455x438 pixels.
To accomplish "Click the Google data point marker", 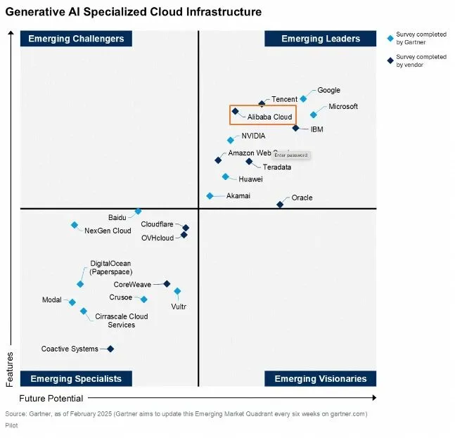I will click(303, 99).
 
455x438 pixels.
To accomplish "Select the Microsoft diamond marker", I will click(314, 115).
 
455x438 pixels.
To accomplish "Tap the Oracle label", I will click(302, 198).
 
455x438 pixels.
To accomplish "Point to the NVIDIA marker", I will click(231, 140).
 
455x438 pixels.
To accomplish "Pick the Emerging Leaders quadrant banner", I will click(320, 39).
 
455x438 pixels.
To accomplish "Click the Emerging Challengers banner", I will click(76, 39).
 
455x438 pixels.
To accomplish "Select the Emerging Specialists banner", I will click(76, 379).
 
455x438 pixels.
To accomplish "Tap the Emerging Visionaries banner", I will click(320, 379).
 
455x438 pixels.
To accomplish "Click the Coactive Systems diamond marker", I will click(110, 349).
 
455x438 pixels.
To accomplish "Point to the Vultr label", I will click(179, 307).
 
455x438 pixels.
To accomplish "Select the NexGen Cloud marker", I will click(75, 225).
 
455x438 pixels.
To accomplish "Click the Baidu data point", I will click(139, 211).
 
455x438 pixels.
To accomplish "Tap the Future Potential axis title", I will click(51, 398).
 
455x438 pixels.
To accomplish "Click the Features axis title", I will click(10, 369).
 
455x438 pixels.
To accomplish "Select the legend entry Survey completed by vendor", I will click(421, 60).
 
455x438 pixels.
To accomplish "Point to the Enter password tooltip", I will click(290, 155).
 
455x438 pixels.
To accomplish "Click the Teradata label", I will click(276, 167).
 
